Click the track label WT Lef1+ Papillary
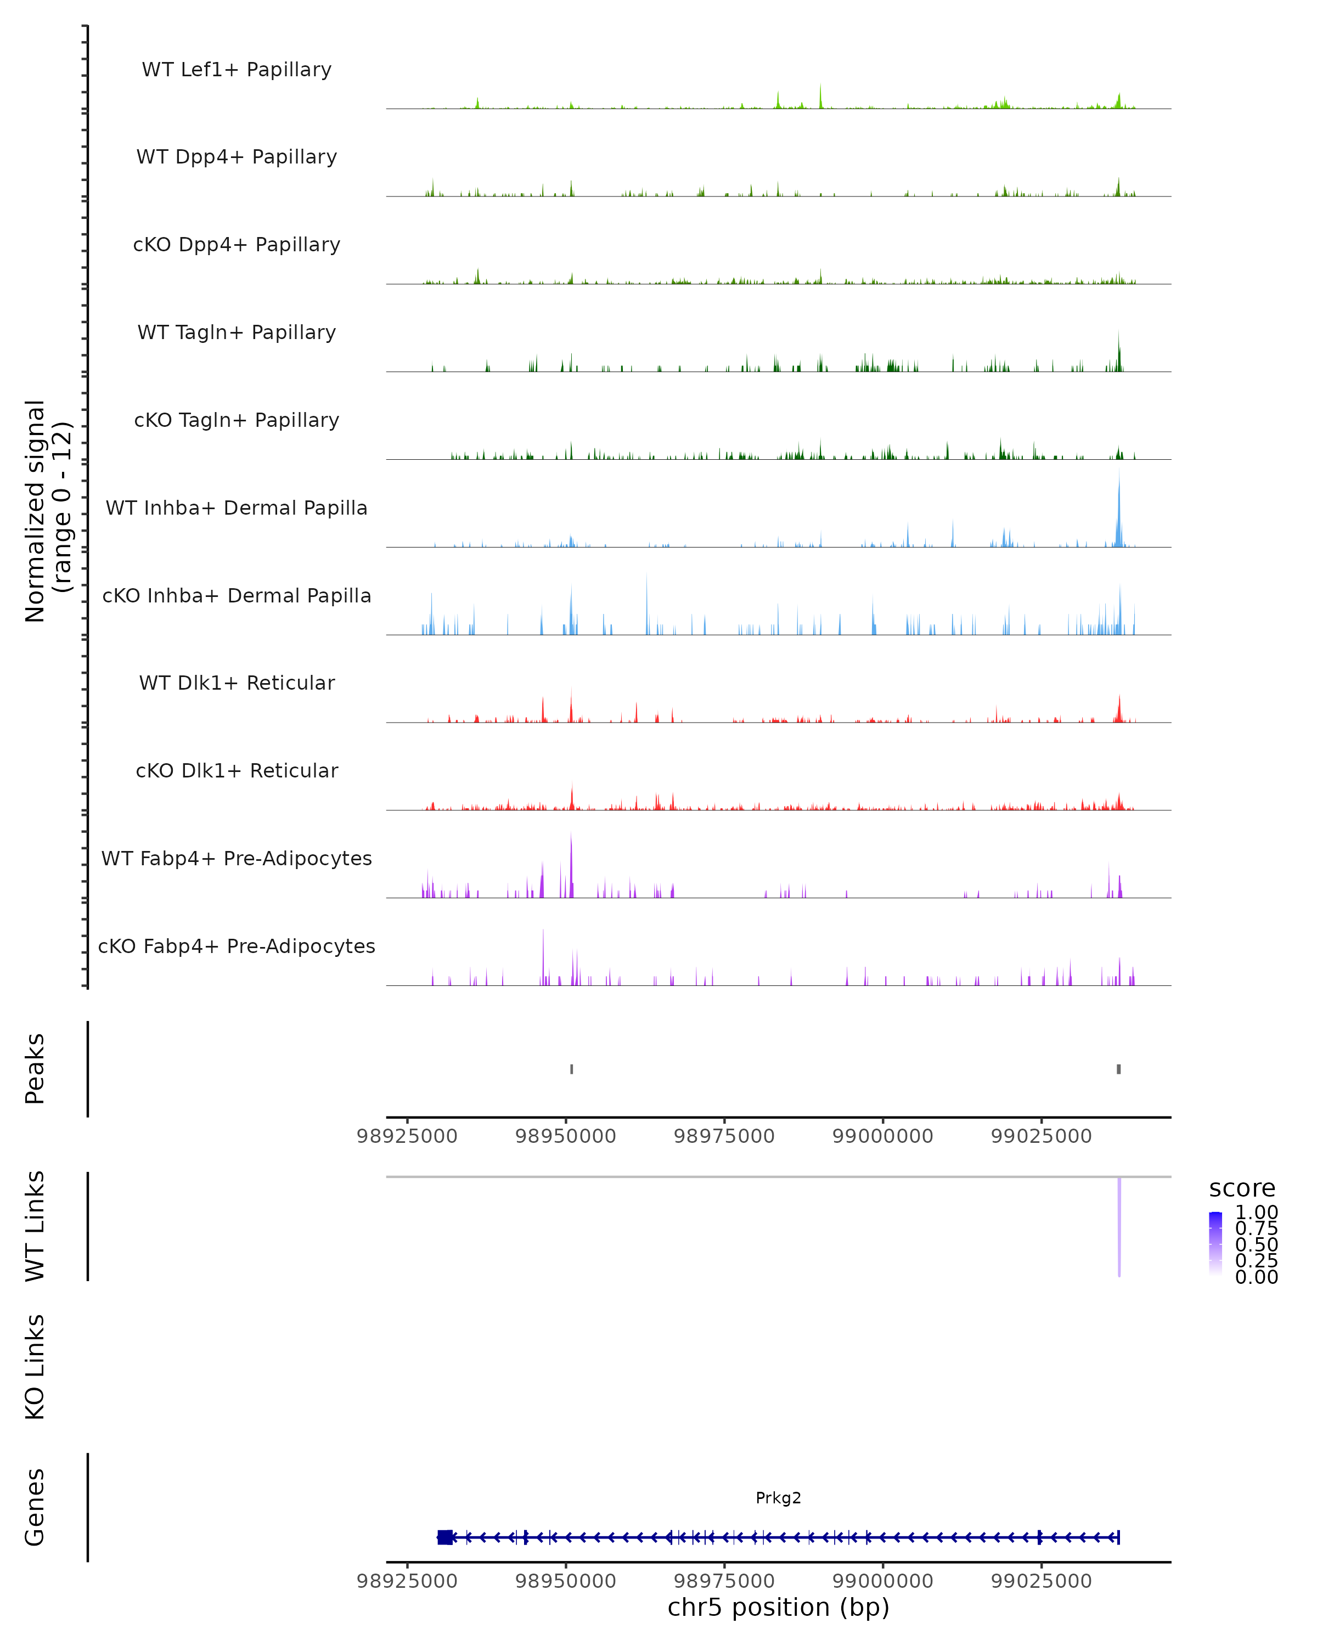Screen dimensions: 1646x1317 [237, 70]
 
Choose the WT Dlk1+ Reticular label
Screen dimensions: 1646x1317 [237, 683]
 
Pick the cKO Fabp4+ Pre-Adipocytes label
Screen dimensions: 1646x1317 [237, 946]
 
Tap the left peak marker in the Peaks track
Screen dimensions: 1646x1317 [572, 1069]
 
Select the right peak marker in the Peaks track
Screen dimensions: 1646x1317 [1119, 1069]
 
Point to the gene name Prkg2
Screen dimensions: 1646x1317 [778, 1497]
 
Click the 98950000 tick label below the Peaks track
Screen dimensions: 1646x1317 [566, 1136]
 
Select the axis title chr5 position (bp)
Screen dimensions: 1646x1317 [778, 1607]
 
